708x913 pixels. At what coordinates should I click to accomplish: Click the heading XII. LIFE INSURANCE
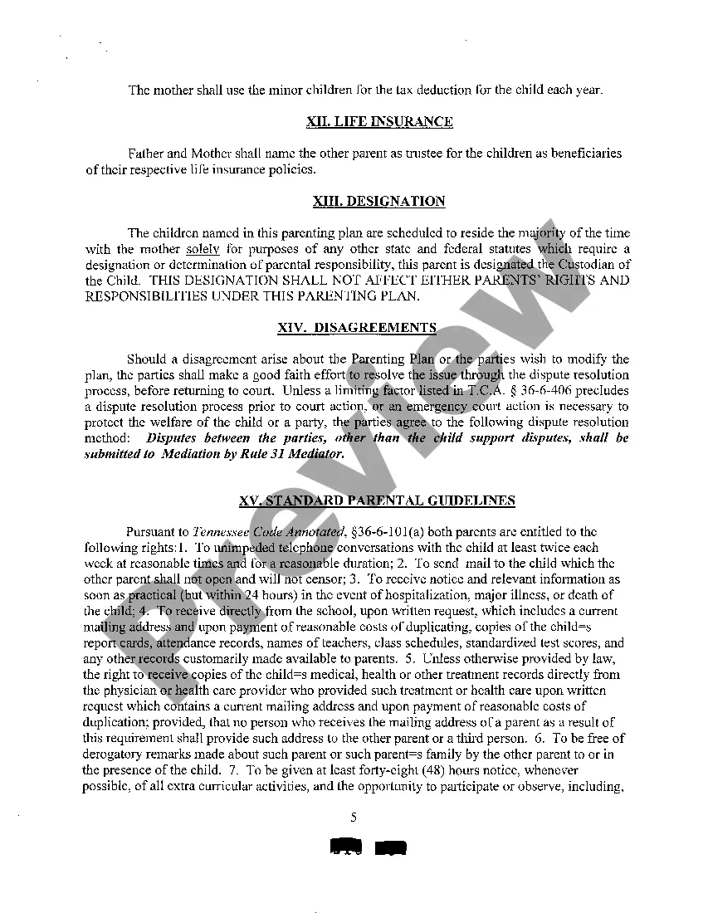tap(379, 122)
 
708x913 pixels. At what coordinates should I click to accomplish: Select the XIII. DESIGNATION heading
tap(378, 202)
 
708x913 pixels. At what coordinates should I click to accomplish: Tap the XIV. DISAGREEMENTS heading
tap(357, 328)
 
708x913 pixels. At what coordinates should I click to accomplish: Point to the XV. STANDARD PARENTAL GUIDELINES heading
tap(377, 500)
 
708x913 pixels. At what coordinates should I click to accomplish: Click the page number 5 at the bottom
tap(354, 817)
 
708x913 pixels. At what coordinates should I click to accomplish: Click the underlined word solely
tap(203, 249)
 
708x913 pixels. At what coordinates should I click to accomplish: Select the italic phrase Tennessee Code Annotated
tap(267, 532)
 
